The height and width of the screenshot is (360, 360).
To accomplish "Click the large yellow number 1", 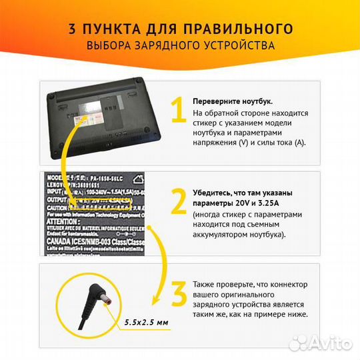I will pyautogui.click(x=177, y=110).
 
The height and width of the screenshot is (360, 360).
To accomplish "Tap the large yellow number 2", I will pyautogui.click(x=177, y=200).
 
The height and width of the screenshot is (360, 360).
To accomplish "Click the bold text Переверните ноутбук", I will pyautogui.click(x=232, y=101).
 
